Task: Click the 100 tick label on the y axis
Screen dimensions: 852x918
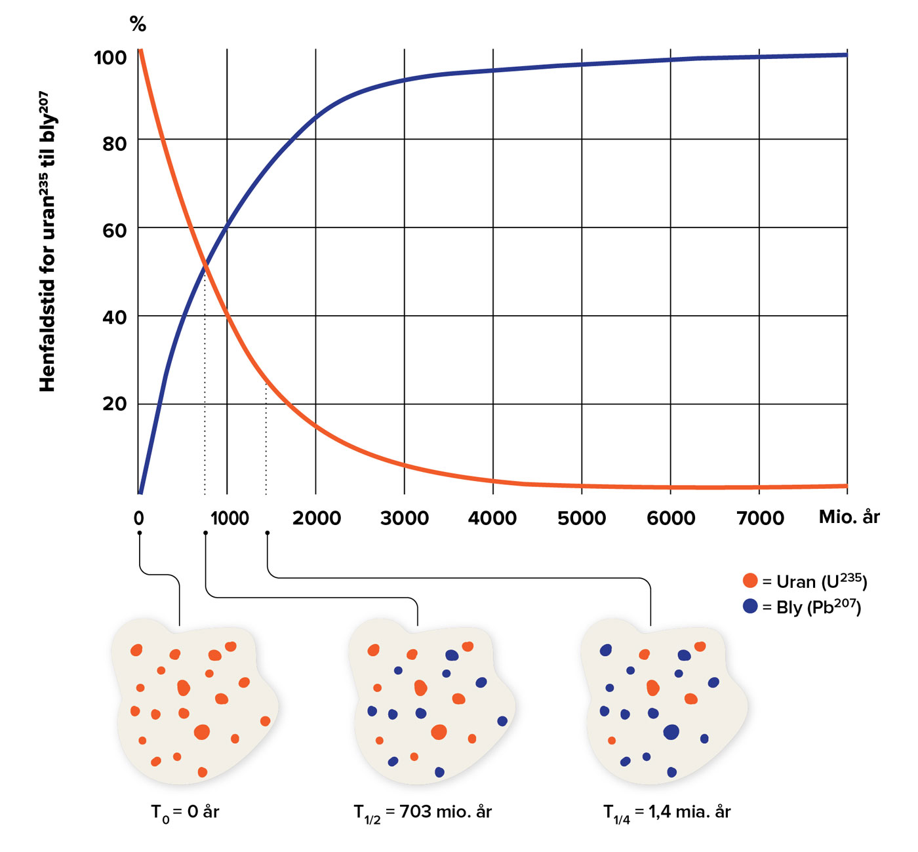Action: coord(110,58)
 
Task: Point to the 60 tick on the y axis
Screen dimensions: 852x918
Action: coord(115,231)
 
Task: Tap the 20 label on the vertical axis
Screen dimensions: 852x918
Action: coord(115,404)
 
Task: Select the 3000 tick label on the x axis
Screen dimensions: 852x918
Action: coord(405,518)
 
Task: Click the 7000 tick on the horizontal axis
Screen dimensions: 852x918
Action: coord(760,518)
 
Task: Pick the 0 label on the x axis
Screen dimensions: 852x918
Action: coord(139,518)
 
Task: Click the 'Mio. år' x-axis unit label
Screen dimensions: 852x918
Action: coord(849,517)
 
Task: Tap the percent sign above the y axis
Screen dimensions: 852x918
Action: coord(138,24)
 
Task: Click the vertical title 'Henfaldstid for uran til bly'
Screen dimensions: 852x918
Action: coord(48,242)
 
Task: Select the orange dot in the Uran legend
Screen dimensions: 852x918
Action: coord(750,581)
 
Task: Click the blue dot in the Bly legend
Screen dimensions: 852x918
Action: coord(750,606)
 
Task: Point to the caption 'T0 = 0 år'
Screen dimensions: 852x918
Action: coord(185,813)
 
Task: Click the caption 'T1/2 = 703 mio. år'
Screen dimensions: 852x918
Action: coord(422,813)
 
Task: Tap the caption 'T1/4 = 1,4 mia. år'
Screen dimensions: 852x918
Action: coord(666,813)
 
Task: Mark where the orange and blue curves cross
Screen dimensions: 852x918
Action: coord(205,264)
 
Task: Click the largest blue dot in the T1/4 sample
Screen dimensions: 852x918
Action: coord(671,732)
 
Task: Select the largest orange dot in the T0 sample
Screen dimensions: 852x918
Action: coord(202,732)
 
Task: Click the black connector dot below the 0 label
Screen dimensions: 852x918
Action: coord(140,533)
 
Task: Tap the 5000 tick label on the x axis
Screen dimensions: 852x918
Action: coord(582,518)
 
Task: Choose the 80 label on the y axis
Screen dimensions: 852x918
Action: coord(115,144)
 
